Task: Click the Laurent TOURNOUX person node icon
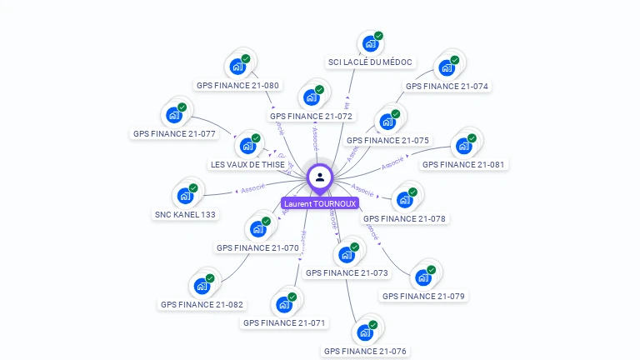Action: pyautogui.click(x=320, y=177)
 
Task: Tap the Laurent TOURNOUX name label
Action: pyautogui.click(x=320, y=203)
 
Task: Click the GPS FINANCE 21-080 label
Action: pyautogui.click(x=237, y=85)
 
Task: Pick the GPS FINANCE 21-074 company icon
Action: pyautogui.click(x=447, y=67)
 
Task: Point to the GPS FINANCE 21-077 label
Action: pyautogui.click(x=174, y=133)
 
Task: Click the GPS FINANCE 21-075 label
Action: pyautogui.click(x=387, y=140)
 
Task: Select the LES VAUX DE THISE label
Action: pyautogui.click(x=247, y=164)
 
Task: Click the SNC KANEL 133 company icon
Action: pyautogui.click(x=184, y=196)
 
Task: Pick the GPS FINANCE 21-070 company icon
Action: pyautogui.click(x=257, y=228)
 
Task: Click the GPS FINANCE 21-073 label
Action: pyautogui.click(x=347, y=272)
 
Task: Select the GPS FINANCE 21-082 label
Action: pyautogui.click(x=202, y=304)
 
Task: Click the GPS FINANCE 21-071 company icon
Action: pyautogui.click(x=284, y=303)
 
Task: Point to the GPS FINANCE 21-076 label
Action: pyautogui.click(x=365, y=351)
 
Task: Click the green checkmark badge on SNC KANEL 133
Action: pyautogui.click(x=193, y=188)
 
